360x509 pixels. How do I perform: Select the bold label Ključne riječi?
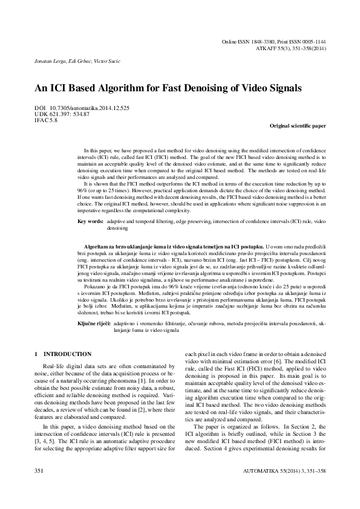93,325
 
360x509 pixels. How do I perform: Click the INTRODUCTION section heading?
68,354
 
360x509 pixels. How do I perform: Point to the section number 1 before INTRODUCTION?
37,354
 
